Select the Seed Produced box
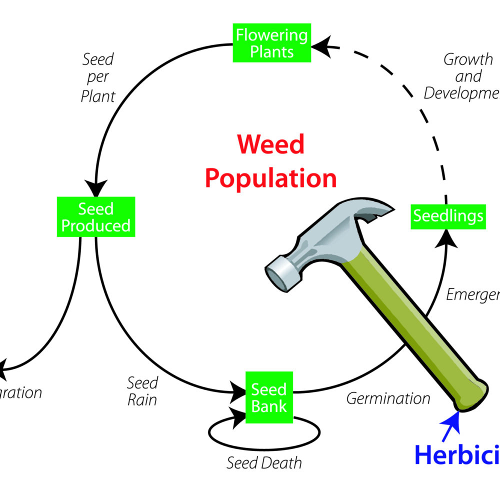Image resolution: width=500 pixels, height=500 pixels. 95,217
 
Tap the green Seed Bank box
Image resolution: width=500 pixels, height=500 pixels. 268,398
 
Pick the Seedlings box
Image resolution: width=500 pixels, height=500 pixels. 448,216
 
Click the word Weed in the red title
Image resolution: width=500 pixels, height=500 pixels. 271,145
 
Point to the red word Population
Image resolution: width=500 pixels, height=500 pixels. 271,178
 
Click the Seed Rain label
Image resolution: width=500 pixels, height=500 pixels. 142,391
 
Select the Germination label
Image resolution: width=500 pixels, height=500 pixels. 388,398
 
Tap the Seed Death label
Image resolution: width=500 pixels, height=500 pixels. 264,462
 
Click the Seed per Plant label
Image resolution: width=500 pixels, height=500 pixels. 98,77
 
